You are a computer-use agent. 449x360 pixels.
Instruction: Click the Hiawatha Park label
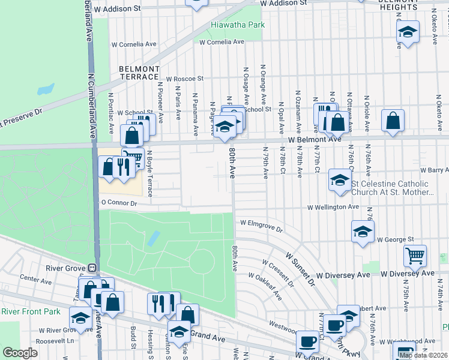(x=237, y=26)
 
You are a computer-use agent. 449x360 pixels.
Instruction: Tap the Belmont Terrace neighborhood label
(x=139, y=73)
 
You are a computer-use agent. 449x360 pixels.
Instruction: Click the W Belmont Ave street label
(x=314, y=139)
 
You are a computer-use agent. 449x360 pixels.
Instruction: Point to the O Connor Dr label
(x=119, y=203)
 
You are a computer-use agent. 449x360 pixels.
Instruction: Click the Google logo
(x=20, y=353)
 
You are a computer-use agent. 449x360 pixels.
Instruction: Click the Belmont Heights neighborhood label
(x=399, y=5)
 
